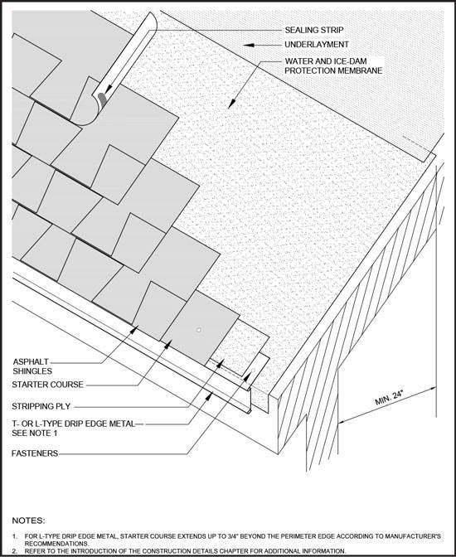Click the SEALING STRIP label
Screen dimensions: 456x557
pos(314,30)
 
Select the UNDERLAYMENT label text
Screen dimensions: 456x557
pos(317,45)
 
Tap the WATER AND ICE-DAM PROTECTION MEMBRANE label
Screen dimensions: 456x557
pos(333,65)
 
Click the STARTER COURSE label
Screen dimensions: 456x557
pos(47,385)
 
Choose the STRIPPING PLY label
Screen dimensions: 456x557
pos(41,406)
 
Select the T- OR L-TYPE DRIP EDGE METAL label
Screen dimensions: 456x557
pos(74,424)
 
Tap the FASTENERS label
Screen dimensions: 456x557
pos(35,453)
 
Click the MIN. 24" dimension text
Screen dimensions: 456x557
pos(390,398)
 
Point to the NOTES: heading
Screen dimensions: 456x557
pos(28,521)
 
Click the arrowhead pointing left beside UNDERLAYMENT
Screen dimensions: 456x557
pos(249,45)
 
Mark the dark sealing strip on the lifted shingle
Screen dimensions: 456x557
pos(102,99)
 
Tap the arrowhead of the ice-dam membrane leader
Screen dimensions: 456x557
pos(231,104)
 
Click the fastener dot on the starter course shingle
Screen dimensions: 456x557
pos(199,330)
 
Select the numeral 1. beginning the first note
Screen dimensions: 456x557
pos(15,536)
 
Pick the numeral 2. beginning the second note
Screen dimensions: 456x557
pos(15,551)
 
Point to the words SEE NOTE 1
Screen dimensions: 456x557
pos(35,433)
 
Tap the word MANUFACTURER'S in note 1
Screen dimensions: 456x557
pos(415,536)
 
